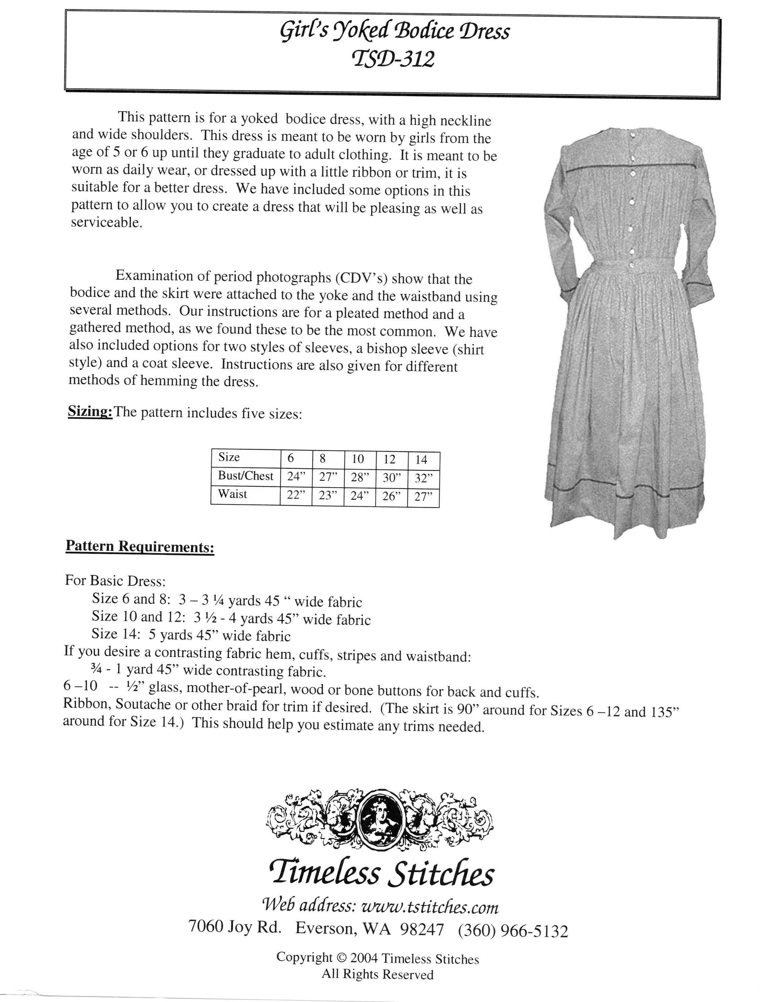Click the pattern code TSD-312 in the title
(x=393, y=59)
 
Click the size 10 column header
(x=358, y=459)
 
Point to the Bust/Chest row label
(x=245, y=476)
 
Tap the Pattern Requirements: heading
(x=140, y=546)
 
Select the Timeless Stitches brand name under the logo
(x=382, y=874)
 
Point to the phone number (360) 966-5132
(x=513, y=931)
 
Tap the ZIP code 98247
(x=422, y=930)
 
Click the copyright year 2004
(x=364, y=958)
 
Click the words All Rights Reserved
(x=377, y=974)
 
